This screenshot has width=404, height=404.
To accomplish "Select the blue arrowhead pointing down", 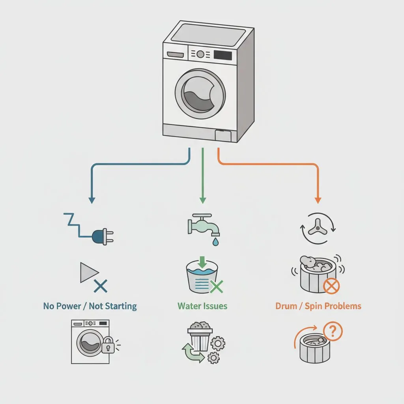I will pyautogui.click(x=92, y=200).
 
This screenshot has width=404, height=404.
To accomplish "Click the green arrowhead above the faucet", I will pyautogui.click(x=202, y=200).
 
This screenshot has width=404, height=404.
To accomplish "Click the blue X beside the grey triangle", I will pyautogui.click(x=101, y=285).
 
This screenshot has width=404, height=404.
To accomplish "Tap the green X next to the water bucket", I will pyautogui.click(x=216, y=285).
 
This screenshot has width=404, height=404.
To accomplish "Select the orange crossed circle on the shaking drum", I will pyautogui.click(x=332, y=285).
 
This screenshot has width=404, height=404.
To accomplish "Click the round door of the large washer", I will pyautogui.click(x=200, y=95).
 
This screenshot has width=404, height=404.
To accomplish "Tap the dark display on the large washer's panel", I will pyautogui.click(x=222, y=55).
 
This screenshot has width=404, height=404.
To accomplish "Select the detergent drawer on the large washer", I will pyautogui.click(x=174, y=55).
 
